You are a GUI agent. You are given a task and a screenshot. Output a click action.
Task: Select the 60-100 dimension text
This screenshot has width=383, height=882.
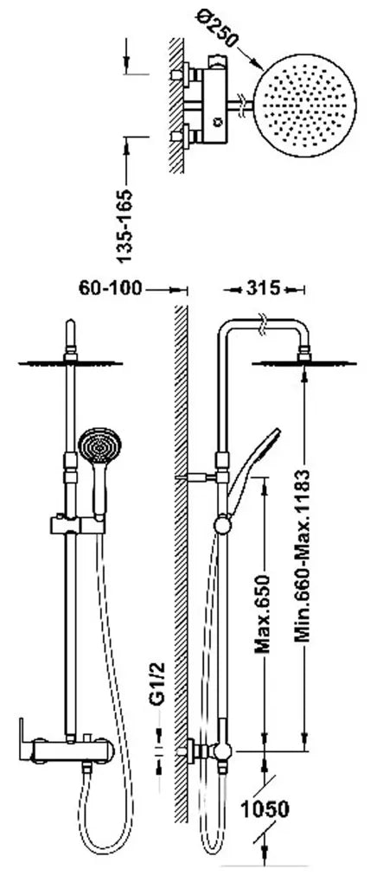coord(111,289)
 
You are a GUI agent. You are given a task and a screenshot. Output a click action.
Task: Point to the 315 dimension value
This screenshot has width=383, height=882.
coord(263,289)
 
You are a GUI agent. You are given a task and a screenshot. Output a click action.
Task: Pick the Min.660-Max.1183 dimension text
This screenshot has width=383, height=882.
coord(303,555)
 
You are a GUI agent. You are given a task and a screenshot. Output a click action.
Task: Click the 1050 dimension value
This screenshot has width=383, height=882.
coord(265,809)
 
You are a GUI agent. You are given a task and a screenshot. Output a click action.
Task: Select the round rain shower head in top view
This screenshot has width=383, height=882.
coord(305,105)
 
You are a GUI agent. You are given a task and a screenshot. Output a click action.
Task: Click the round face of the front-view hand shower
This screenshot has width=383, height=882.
coord(99,445)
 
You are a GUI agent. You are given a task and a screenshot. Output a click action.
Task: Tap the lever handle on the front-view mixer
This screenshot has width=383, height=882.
coord(25,739)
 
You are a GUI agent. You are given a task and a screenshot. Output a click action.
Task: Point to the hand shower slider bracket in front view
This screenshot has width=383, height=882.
coord(77,524)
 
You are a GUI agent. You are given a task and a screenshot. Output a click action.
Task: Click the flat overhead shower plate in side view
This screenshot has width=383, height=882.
coord(303,363)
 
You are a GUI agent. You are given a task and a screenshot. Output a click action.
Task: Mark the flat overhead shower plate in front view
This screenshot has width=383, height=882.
coord(70,363)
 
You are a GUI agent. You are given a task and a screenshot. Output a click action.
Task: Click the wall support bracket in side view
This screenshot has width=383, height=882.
coord(197,477)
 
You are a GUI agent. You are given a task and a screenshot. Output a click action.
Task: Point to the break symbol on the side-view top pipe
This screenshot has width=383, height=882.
coord(261,326)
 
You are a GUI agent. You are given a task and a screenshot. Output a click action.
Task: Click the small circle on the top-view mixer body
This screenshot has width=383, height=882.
coord(217,120)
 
